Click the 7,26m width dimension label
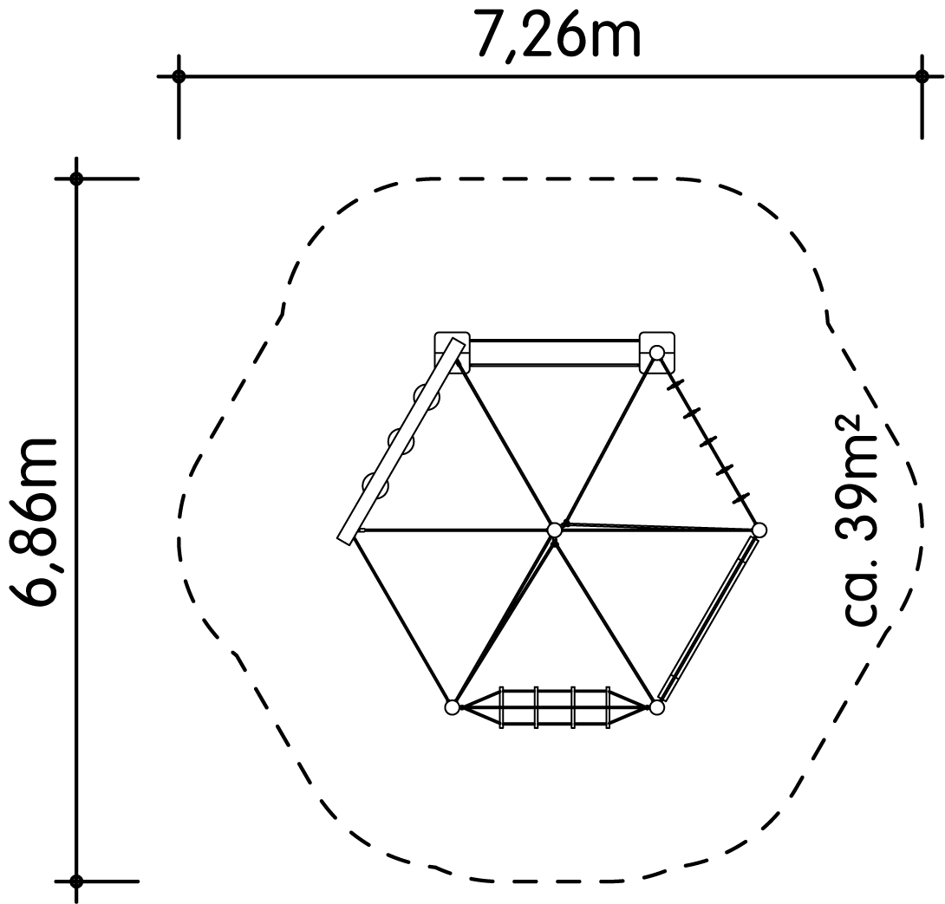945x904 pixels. tap(559, 36)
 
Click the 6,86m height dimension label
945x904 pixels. tap(35, 521)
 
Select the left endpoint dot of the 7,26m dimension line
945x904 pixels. tap(179, 76)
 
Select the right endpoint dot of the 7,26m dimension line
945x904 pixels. tap(922, 76)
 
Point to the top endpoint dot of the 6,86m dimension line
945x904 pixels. tap(76, 179)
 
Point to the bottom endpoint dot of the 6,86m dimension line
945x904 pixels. tap(76, 881)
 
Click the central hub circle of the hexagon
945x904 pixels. tap(555, 530)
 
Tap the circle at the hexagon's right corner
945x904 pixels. tap(759, 530)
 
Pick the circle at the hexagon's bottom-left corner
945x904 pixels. tap(452, 707)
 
